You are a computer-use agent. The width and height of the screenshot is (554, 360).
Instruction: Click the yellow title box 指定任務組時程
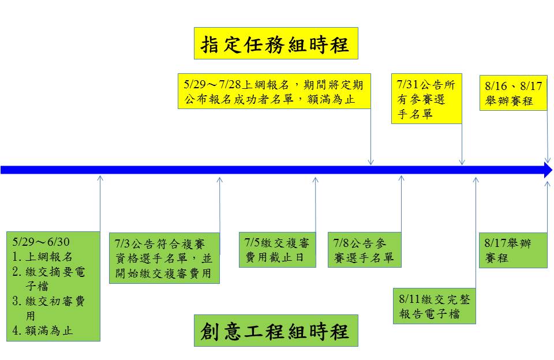pos(276,43)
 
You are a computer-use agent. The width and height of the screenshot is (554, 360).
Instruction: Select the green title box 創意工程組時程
pos(276,331)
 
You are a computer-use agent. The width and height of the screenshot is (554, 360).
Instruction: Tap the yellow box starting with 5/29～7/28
pos(274,92)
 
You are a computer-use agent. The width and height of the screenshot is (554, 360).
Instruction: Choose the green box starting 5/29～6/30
pos(53,286)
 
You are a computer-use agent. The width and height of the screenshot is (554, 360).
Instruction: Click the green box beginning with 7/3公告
pos(164,258)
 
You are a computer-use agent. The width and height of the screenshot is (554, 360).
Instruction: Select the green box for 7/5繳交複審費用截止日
pos(278,250)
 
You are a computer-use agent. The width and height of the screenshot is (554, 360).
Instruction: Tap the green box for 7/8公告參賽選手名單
pos(365,250)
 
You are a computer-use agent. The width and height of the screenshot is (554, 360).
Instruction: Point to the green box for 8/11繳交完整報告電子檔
pos(435,306)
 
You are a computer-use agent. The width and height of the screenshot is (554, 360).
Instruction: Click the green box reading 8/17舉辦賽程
pos(513,250)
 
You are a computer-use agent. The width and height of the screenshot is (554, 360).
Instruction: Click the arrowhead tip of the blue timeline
pos(551,170)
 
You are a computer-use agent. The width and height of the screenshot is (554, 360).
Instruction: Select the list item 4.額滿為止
pos(43,331)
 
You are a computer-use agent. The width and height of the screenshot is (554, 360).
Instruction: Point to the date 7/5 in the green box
pos(253,242)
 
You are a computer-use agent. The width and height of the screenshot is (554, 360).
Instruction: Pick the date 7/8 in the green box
pos(340,242)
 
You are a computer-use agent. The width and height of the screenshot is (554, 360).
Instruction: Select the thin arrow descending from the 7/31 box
pos(462,144)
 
